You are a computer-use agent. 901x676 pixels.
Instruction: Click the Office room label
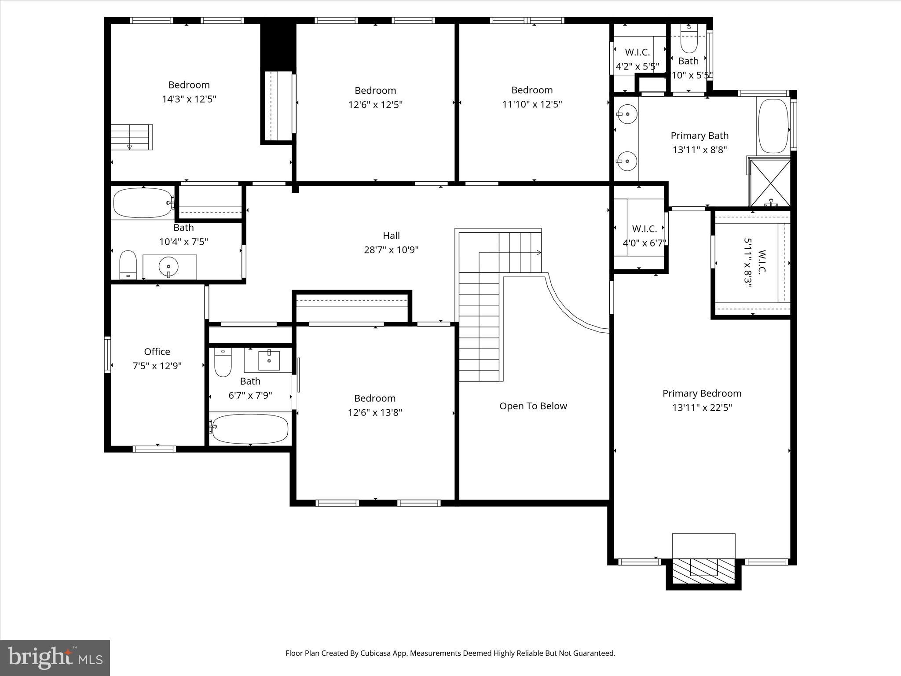(x=157, y=352)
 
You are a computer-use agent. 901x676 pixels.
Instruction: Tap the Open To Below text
(x=533, y=406)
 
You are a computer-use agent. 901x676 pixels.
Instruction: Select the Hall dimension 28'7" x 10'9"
(x=391, y=250)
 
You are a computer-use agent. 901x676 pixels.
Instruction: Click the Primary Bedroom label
(x=702, y=393)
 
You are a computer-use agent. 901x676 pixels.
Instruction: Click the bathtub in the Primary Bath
(x=774, y=126)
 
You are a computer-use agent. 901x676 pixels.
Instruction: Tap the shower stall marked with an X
(x=770, y=183)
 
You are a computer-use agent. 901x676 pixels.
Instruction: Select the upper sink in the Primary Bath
(x=627, y=114)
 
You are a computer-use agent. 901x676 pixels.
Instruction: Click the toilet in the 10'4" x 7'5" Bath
(x=128, y=265)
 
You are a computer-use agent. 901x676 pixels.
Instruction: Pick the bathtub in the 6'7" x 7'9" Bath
(x=250, y=429)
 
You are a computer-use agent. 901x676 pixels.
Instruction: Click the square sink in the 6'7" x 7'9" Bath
(x=269, y=360)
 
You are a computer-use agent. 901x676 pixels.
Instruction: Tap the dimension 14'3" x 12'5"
(x=189, y=99)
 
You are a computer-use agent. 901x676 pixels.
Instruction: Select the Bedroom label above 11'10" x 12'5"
(x=532, y=90)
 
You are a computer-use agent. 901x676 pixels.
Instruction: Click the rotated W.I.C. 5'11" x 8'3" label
(x=754, y=263)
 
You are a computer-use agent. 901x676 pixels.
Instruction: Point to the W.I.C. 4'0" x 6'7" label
(x=645, y=236)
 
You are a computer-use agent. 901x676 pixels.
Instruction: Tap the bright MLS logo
(x=55, y=658)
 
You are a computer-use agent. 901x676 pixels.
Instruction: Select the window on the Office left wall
(x=107, y=354)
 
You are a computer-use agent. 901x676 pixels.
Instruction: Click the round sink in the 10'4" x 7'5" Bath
(x=168, y=267)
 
